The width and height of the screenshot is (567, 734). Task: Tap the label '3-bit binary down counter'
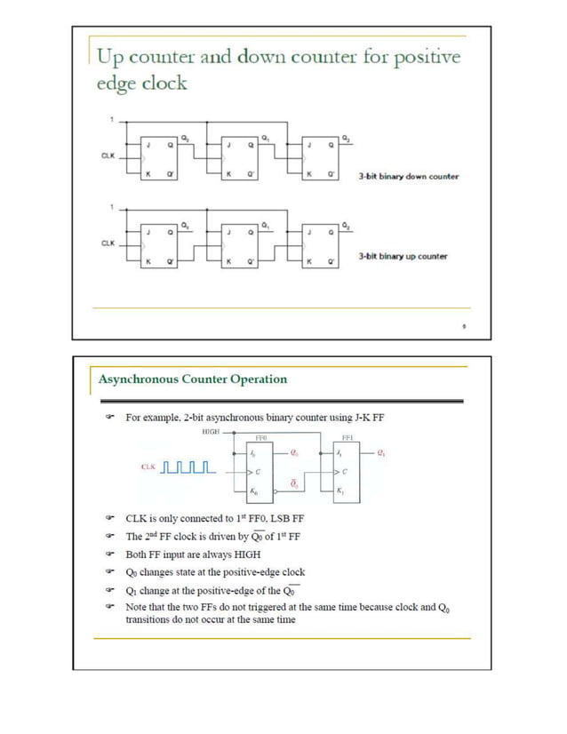pos(408,176)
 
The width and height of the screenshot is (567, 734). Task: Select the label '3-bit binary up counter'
pos(403,257)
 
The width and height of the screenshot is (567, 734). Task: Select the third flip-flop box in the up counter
pos(319,244)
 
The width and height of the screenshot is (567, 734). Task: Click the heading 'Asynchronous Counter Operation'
pos(193,379)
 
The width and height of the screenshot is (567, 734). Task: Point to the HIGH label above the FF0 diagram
pos(210,431)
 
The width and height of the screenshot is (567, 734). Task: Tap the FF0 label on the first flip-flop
pos(261,438)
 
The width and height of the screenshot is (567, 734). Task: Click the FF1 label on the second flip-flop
pos(348,438)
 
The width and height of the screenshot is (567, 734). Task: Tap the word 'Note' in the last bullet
pos(137,607)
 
